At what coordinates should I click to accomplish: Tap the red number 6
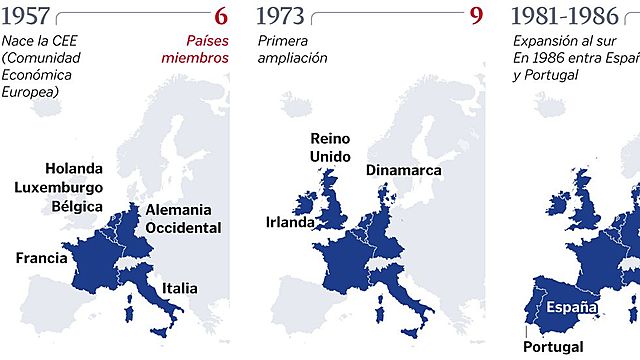pyautogui.click(x=221, y=16)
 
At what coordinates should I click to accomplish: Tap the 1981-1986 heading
pyautogui.click(x=564, y=16)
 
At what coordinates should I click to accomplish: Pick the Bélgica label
pyautogui.click(x=77, y=206)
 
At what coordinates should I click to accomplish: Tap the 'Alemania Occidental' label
pyautogui.click(x=182, y=219)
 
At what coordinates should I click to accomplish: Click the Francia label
pyautogui.click(x=42, y=258)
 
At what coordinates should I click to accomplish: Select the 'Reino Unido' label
pyautogui.click(x=330, y=147)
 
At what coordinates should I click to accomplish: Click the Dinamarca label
pyautogui.click(x=403, y=170)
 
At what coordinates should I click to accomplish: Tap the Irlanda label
pyautogui.click(x=290, y=222)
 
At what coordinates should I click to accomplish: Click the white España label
pyautogui.click(x=572, y=307)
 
